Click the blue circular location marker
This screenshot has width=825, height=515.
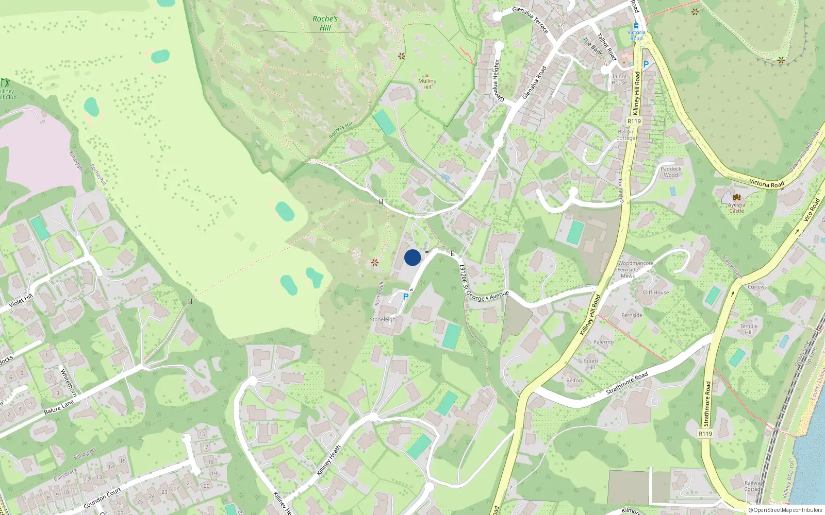point(412,257)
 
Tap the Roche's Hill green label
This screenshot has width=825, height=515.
point(325,23)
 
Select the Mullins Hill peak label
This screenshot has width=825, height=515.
point(427,83)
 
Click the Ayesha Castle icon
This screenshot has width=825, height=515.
point(736,198)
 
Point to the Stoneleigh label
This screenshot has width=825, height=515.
point(383,319)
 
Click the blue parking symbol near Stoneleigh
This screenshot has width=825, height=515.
point(406,297)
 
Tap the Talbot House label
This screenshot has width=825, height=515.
point(619,79)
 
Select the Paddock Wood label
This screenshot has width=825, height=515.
point(671,171)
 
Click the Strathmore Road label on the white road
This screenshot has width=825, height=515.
point(627,384)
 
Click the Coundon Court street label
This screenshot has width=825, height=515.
point(102,497)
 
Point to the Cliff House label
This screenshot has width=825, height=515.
point(656,292)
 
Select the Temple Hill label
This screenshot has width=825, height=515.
point(749,329)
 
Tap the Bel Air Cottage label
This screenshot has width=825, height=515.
point(625,134)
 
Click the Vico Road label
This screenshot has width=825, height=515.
point(811,210)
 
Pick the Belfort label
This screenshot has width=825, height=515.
point(574,380)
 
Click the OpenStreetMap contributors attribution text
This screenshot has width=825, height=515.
point(785,510)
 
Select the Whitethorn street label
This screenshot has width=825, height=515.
point(69,382)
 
